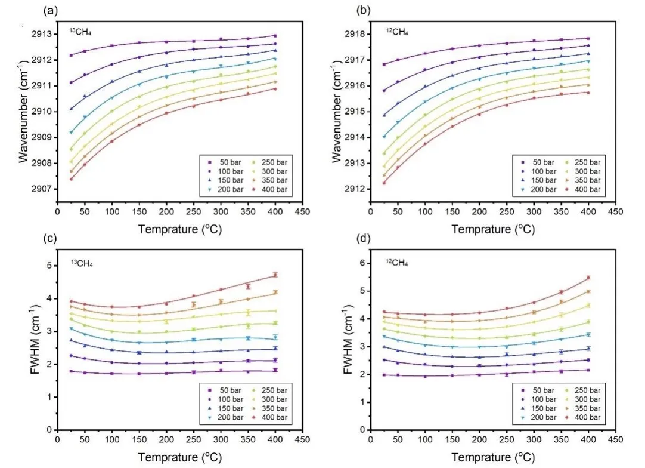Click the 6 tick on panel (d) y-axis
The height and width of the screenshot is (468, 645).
coord(362,263)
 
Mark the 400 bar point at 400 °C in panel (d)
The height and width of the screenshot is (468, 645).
coord(588,278)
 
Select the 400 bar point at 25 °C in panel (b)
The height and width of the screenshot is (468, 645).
coord(384,183)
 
